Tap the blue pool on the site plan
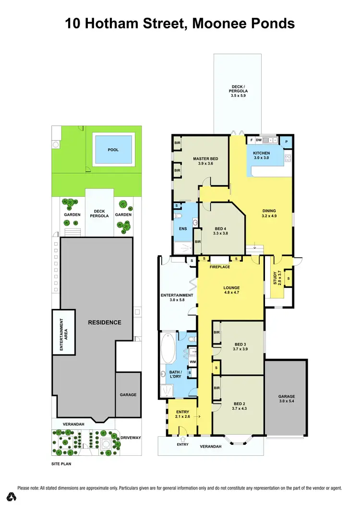click(x=113, y=150)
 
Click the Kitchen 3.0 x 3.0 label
click(x=261, y=155)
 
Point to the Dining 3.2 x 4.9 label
click(x=269, y=213)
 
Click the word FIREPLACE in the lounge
click(x=219, y=267)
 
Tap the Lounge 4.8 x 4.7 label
click(x=231, y=290)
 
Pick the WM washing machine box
click(x=192, y=362)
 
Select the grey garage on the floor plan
click(x=286, y=398)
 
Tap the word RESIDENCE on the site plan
click(x=104, y=322)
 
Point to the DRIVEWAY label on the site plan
click(x=130, y=438)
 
